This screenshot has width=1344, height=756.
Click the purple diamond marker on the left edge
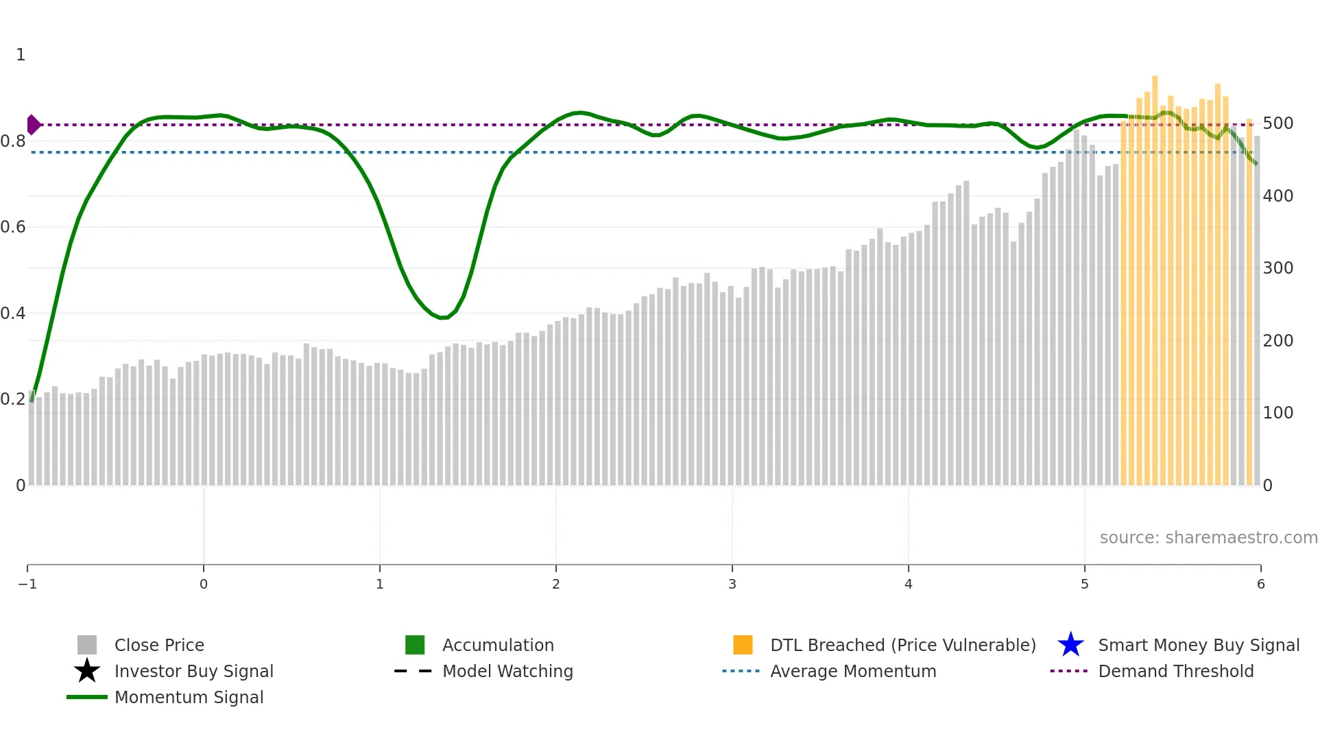coord(33,125)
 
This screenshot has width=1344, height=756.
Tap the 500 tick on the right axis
coord(1277,123)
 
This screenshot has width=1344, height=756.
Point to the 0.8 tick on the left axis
coord(13,141)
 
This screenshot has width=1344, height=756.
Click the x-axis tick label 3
coord(732,584)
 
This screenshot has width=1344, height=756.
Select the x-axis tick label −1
coord(27,584)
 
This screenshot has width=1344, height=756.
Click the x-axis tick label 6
coord(1260,584)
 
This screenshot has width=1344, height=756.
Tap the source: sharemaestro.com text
coord(1208,538)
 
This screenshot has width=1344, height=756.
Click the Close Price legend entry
coord(158,646)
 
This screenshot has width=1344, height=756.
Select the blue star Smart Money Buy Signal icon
coord(1070,645)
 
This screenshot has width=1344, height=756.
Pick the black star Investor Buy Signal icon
coord(87,671)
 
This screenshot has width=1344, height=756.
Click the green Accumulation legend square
coord(415,645)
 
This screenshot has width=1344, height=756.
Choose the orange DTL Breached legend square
coord(743,645)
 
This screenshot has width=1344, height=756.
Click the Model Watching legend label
coord(507,672)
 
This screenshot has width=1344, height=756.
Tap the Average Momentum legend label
coord(853,672)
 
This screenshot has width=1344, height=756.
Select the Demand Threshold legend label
coord(1175,672)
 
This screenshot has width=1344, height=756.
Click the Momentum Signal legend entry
coord(189,698)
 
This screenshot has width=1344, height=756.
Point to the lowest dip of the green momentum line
coord(443,318)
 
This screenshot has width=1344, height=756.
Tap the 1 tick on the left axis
coord(21,55)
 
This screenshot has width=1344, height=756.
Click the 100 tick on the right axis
coord(1277,413)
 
